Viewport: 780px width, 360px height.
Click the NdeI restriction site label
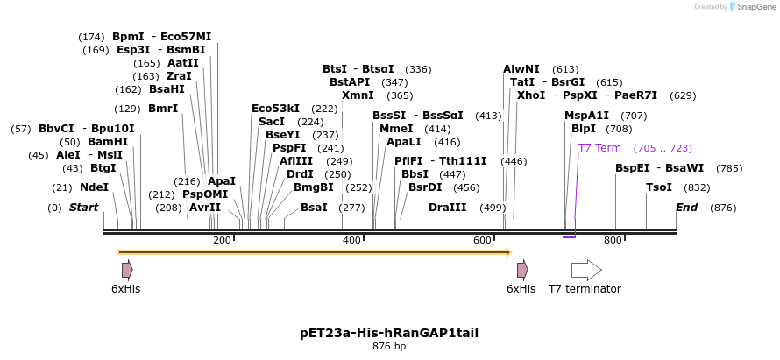point(94,187)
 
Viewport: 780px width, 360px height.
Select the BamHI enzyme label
point(108,142)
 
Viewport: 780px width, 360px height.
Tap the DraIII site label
point(448,208)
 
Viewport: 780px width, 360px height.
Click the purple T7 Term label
point(599,148)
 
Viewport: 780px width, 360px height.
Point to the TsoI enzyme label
point(659,187)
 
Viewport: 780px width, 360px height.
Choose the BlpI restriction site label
point(584,129)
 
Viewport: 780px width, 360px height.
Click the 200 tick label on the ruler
point(222,240)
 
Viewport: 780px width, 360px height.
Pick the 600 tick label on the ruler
point(482,240)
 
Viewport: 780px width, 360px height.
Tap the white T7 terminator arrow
point(586,270)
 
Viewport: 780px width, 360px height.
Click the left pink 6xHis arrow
point(127,270)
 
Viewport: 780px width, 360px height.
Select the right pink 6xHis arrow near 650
point(522,270)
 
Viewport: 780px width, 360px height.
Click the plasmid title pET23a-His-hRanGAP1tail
point(389,333)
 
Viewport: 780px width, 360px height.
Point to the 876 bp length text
point(389,347)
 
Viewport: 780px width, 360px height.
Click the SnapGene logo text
point(755,7)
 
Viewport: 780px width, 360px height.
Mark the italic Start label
point(84,208)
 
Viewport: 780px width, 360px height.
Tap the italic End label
point(687,208)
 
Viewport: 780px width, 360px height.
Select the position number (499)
point(493,208)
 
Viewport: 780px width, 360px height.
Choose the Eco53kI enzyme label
point(275,109)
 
